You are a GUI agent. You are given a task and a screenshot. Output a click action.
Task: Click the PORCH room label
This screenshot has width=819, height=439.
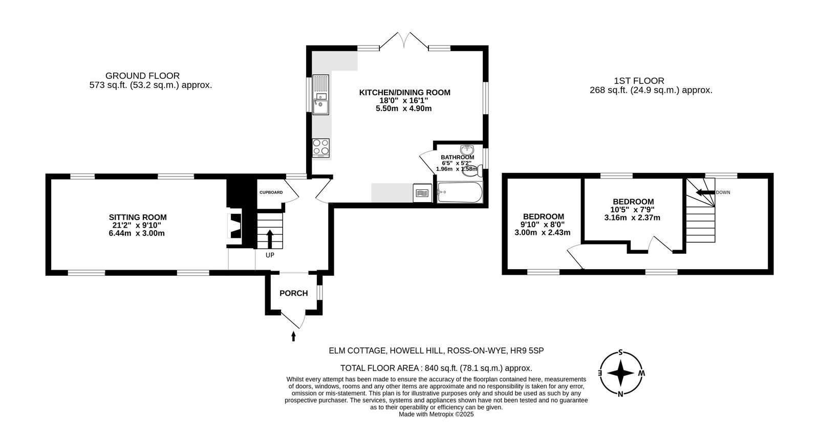(x=293, y=293)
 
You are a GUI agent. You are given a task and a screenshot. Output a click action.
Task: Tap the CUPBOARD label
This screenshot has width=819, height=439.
(x=271, y=192)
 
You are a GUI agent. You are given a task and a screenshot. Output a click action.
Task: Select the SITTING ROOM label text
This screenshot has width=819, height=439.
(x=138, y=217)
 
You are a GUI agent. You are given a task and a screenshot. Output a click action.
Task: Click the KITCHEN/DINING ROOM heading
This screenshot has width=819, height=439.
(x=404, y=93)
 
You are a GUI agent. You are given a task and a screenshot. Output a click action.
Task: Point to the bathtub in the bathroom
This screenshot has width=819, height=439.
(x=459, y=193)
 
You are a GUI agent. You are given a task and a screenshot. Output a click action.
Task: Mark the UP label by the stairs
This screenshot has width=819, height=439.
(x=270, y=255)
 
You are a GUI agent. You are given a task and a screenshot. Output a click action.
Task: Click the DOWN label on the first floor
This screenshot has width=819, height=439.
(x=723, y=192)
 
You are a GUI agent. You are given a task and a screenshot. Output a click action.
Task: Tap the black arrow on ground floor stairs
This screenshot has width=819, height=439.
(x=269, y=238)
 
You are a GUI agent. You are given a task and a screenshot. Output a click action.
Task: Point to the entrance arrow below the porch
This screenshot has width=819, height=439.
(x=293, y=336)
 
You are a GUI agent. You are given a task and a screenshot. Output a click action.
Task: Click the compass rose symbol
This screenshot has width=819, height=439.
(x=620, y=374)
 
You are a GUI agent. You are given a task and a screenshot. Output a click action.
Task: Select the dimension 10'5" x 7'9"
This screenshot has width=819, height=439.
(x=632, y=209)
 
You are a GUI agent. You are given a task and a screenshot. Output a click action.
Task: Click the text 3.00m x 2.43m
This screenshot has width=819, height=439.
(x=542, y=232)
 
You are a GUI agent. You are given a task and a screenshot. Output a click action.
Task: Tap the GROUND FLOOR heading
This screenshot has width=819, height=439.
(x=142, y=76)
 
